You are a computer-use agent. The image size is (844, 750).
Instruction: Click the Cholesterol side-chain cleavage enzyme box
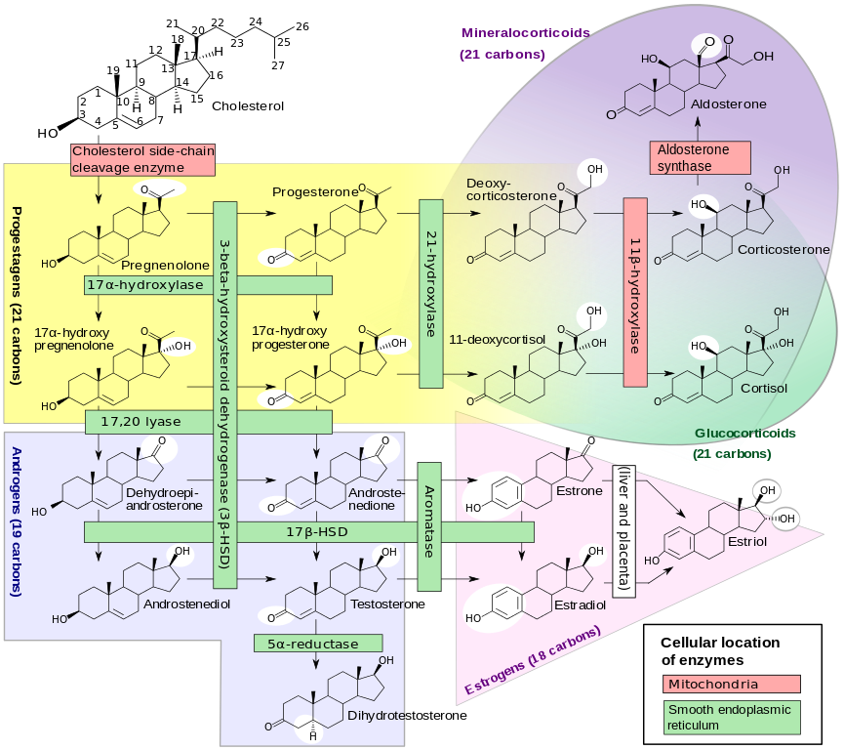point(142,159)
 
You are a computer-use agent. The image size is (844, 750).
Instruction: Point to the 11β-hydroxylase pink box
point(635,290)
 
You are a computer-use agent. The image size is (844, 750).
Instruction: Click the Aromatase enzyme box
point(429,525)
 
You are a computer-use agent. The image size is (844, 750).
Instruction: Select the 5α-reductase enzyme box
point(317,644)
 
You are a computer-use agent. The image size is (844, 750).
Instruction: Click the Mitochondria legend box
point(731,685)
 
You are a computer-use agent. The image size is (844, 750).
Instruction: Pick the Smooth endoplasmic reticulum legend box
point(731,718)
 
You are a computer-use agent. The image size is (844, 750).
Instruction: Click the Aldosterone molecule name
point(728,104)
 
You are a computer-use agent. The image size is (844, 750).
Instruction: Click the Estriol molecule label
point(747,540)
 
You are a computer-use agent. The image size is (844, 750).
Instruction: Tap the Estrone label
point(579,490)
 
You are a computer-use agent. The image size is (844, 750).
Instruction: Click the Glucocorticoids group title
point(744,433)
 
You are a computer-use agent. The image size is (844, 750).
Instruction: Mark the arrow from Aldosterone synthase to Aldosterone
point(699,127)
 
